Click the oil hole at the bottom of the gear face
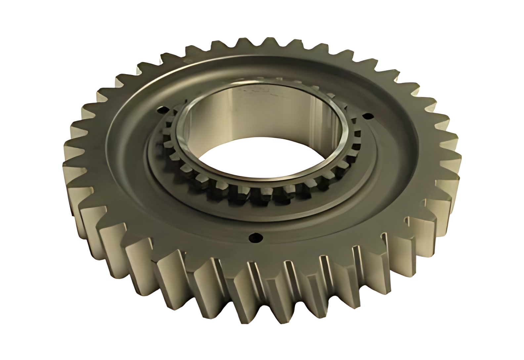pos(255,237)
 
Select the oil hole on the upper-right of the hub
pos(367,115)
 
